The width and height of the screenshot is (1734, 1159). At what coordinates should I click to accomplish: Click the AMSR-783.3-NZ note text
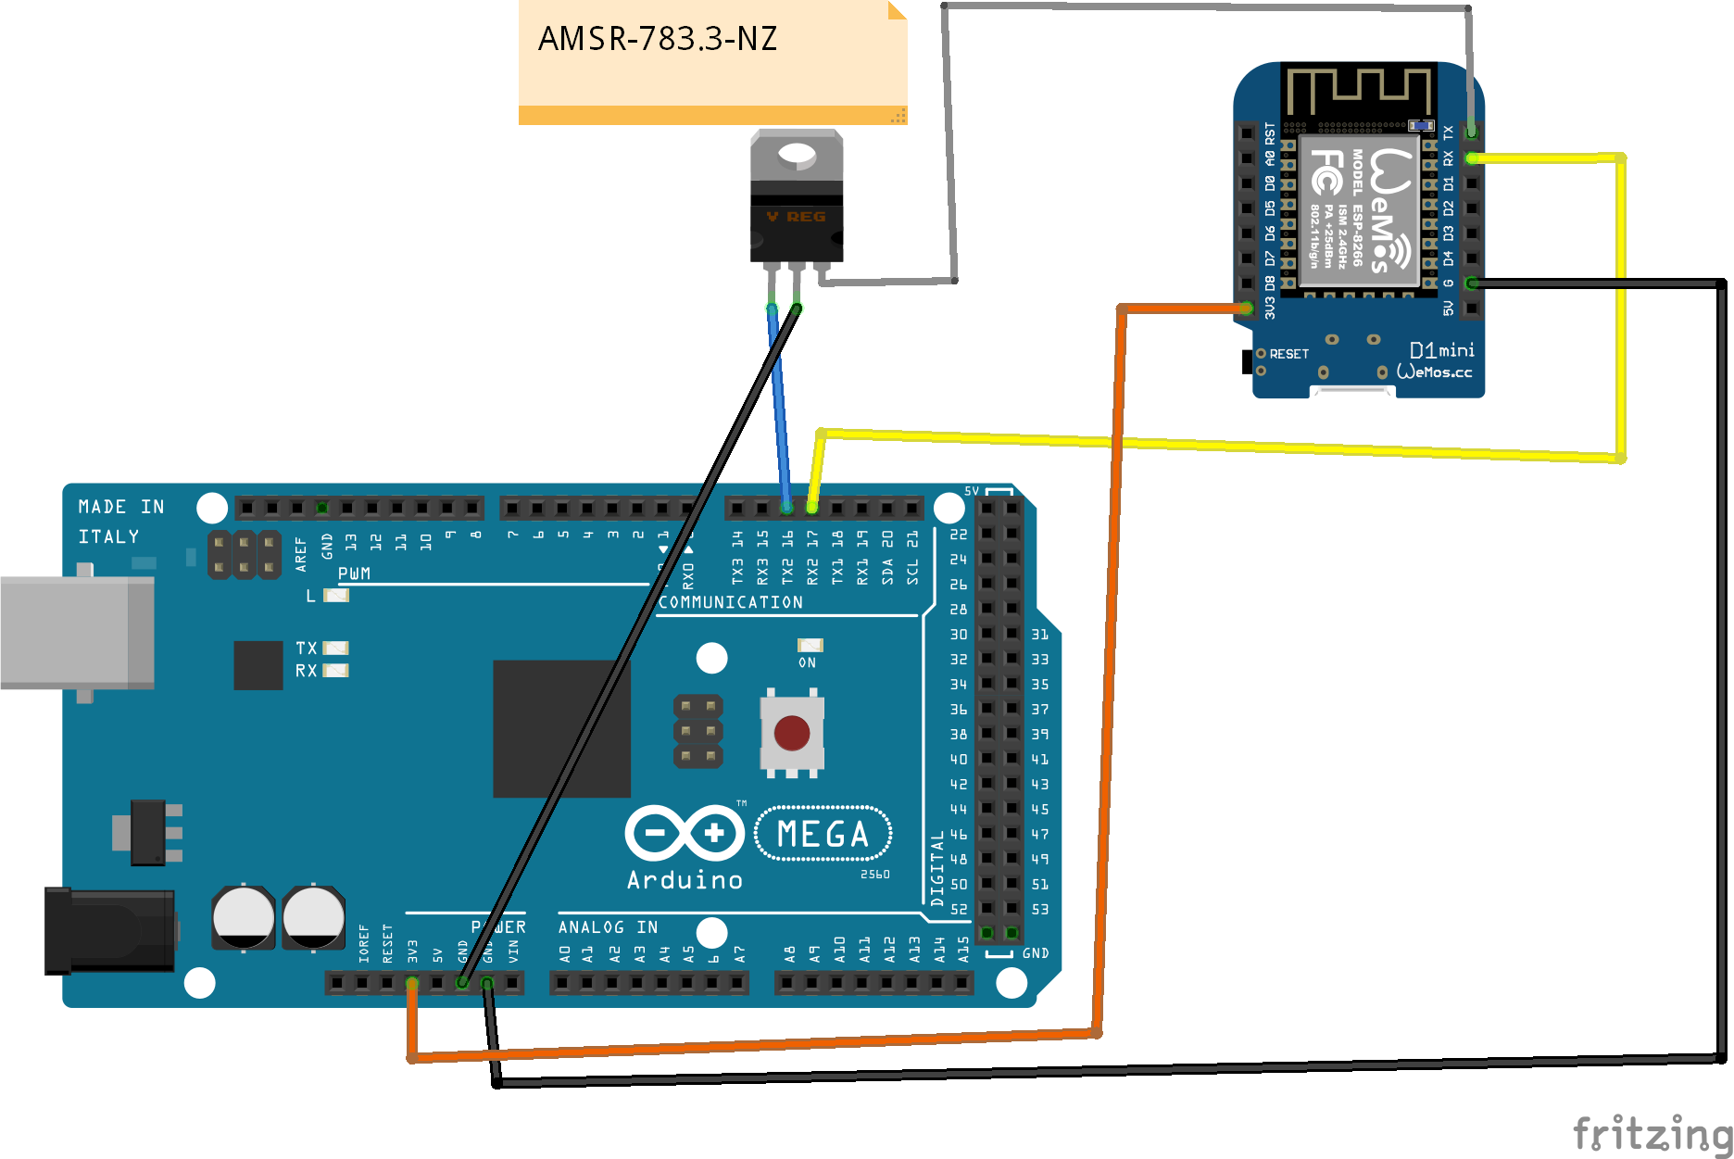(657, 39)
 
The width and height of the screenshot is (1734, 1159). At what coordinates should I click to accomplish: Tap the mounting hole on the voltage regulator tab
(797, 155)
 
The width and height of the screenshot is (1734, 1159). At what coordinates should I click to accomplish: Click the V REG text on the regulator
(797, 217)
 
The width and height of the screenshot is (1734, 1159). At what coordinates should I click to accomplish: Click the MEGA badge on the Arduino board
(823, 834)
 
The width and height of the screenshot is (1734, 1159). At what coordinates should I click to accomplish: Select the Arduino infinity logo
(685, 833)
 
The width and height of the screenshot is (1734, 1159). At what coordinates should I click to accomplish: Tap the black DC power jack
(109, 930)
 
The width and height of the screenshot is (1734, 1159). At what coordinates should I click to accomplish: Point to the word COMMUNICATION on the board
(730, 602)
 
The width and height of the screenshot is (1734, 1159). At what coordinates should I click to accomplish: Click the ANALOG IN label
(608, 927)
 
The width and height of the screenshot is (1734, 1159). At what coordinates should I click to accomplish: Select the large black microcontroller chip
(561, 728)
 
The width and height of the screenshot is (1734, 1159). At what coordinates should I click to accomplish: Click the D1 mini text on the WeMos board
(1441, 350)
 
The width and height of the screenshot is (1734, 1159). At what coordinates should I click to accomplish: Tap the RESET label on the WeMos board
(1288, 354)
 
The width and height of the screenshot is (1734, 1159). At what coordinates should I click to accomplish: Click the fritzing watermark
(1652, 1133)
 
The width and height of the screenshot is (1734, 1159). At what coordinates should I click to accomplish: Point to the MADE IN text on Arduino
(120, 507)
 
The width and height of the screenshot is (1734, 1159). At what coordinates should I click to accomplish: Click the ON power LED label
(807, 662)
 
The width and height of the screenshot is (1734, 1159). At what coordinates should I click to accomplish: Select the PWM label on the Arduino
(354, 573)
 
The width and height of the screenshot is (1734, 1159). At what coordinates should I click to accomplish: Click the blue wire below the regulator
(779, 408)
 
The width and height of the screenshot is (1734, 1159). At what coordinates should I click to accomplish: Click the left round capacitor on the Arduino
(244, 916)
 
